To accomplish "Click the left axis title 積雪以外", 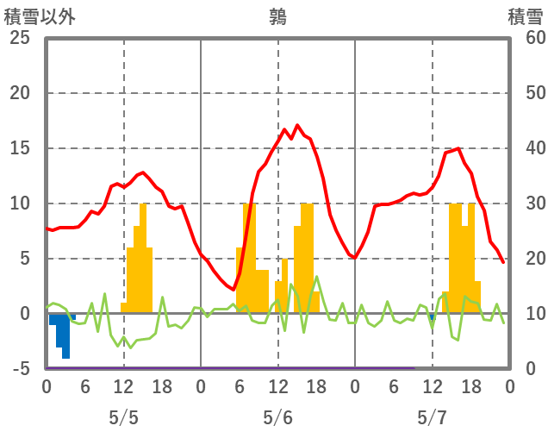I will coord(40,16).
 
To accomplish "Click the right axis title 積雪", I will coord(525,16).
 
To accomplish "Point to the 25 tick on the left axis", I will coord(20,38).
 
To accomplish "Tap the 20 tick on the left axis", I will coord(20,93).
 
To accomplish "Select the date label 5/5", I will coord(123,418).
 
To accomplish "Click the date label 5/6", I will coord(277,418).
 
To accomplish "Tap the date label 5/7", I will coord(432,418).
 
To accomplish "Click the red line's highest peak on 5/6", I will coord(297,125).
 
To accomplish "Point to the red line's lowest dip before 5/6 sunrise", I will coord(233,289).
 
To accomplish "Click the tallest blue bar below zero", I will coord(65,341).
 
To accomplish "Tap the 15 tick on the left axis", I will coord(20,148).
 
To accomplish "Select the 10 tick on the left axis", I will coord(20,203).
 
